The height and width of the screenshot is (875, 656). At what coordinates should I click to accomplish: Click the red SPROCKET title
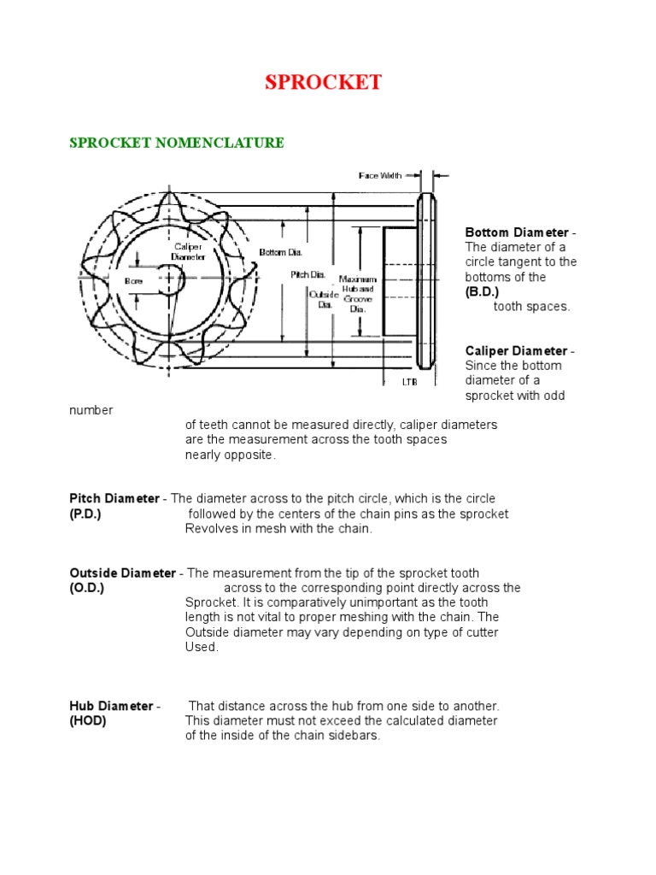point(323,83)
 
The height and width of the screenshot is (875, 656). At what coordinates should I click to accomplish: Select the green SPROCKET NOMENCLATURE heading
point(176,143)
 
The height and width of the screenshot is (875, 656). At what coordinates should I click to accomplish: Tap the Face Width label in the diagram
point(379,176)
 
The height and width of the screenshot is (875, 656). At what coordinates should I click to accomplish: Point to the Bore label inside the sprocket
point(133,280)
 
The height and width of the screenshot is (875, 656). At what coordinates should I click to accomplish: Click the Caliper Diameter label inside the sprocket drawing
point(188,251)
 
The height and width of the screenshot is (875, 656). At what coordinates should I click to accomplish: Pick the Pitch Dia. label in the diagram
point(307,274)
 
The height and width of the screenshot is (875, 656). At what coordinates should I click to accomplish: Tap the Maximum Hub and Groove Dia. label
point(358,294)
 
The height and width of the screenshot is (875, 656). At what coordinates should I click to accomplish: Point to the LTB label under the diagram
point(410,382)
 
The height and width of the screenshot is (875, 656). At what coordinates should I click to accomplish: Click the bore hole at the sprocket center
point(170,280)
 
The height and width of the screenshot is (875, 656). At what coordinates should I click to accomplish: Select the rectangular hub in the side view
point(398,280)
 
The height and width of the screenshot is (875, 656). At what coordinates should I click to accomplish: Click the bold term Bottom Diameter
point(516,232)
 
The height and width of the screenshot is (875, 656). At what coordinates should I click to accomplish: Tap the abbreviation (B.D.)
point(482,292)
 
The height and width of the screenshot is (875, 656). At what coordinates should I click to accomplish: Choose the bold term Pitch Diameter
point(114,498)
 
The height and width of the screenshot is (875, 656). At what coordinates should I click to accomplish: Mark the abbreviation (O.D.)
point(86,589)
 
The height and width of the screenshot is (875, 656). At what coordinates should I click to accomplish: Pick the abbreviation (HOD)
point(87,720)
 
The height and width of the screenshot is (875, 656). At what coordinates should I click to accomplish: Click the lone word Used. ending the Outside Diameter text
point(202,647)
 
